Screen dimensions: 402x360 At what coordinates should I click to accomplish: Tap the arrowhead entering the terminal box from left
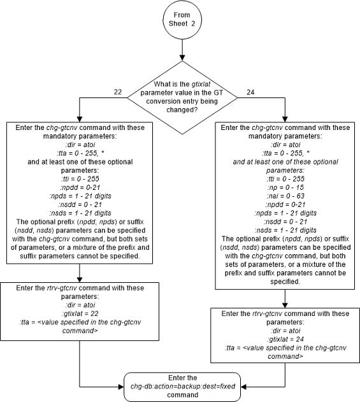tap(125, 385)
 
